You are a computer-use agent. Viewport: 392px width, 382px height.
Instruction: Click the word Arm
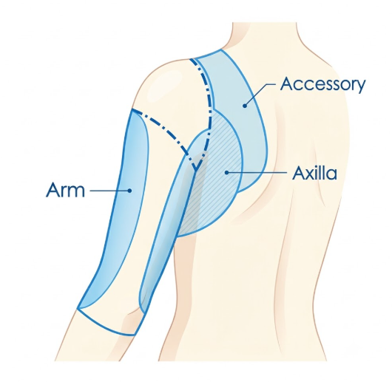pos(66,190)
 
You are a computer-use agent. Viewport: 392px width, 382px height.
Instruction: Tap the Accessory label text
pos(322,85)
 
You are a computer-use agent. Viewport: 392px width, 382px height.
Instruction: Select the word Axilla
pos(314,173)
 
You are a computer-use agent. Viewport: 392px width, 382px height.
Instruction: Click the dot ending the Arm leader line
pos(129,191)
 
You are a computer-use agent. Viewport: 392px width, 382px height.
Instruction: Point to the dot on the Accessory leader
pos(245,106)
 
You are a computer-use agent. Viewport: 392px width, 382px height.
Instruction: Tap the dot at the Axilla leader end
pos(226,172)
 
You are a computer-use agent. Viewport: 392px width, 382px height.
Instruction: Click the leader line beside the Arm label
pos(109,191)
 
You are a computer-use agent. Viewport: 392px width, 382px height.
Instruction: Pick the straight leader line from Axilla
pos(257,172)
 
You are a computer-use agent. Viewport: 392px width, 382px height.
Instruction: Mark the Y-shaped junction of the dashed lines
pos(195,167)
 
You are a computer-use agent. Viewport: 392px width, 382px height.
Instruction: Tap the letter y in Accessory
pos(359,87)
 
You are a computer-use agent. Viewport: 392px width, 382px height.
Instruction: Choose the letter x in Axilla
pos(311,174)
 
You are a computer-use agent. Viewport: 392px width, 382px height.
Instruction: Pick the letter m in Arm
pos(76,191)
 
